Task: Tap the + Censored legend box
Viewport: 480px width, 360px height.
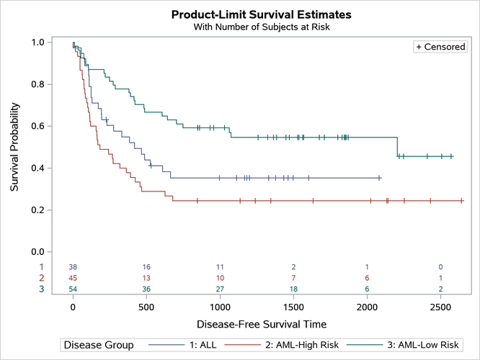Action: tap(440, 47)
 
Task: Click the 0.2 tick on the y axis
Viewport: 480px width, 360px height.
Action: tap(44, 210)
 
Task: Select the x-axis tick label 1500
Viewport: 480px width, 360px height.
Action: tap(293, 306)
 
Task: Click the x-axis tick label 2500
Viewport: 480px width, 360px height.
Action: tap(440, 306)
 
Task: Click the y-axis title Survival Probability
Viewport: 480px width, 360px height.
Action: tap(15, 148)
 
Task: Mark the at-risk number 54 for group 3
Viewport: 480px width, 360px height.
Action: tap(73, 289)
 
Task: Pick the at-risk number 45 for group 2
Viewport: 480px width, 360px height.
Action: tap(73, 278)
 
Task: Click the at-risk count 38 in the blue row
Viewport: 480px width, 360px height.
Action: tap(73, 266)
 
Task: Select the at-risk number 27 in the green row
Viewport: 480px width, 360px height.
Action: tap(220, 289)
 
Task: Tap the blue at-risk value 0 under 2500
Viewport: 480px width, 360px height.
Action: tap(440, 266)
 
